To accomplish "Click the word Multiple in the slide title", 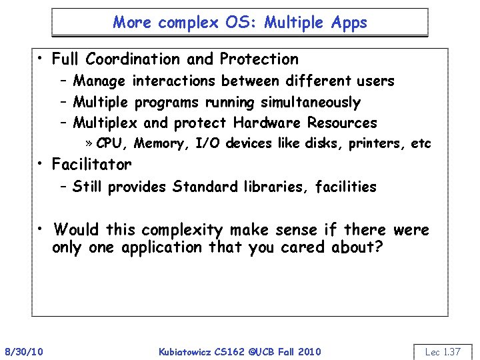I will click(289, 22).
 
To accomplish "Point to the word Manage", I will click(99, 81).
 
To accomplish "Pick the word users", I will click(375, 81).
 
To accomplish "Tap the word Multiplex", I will click(105, 123).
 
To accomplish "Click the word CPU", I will click(111, 143).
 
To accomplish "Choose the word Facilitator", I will click(92, 164).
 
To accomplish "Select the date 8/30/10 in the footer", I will click(24, 351).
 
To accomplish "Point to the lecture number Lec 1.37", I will click(443, 351).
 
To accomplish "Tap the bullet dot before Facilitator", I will click(41, 164).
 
